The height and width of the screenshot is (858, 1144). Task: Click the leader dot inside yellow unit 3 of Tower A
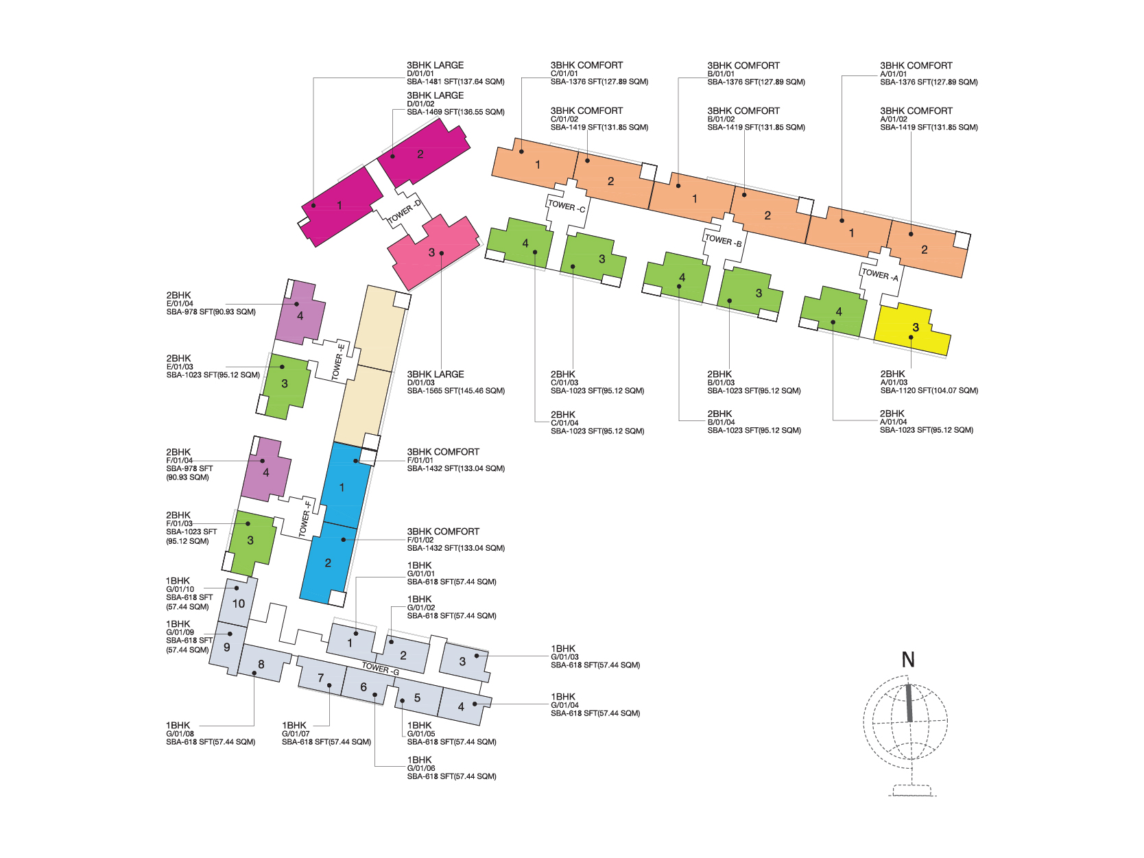[911, 337]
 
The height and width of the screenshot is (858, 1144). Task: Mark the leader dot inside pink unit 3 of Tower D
[442, 253]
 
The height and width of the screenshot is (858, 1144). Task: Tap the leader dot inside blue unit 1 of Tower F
[356, 461]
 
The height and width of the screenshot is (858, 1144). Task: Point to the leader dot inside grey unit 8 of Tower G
[254, 674]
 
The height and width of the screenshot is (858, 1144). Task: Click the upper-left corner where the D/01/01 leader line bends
[313, 78]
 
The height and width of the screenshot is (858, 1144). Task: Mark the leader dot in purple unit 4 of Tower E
[296, 305]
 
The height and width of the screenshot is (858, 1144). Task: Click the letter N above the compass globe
[908, 660]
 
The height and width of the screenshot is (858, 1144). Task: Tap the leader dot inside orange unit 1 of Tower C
[522, 152]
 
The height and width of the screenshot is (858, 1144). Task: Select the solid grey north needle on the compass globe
[909, 703]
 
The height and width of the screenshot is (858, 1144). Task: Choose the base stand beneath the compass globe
[912, 790]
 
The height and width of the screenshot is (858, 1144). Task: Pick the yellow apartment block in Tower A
[913, 329]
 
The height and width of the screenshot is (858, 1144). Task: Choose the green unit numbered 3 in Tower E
[285, 385]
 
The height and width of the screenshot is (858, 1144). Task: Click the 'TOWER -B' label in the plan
[723, 240]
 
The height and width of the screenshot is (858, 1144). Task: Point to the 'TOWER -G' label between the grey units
[381, 669]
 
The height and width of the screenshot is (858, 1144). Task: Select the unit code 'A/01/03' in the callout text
[894, 383]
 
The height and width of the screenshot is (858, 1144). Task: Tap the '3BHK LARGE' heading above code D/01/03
[436, 374]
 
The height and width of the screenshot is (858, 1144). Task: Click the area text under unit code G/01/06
[451, 776]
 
